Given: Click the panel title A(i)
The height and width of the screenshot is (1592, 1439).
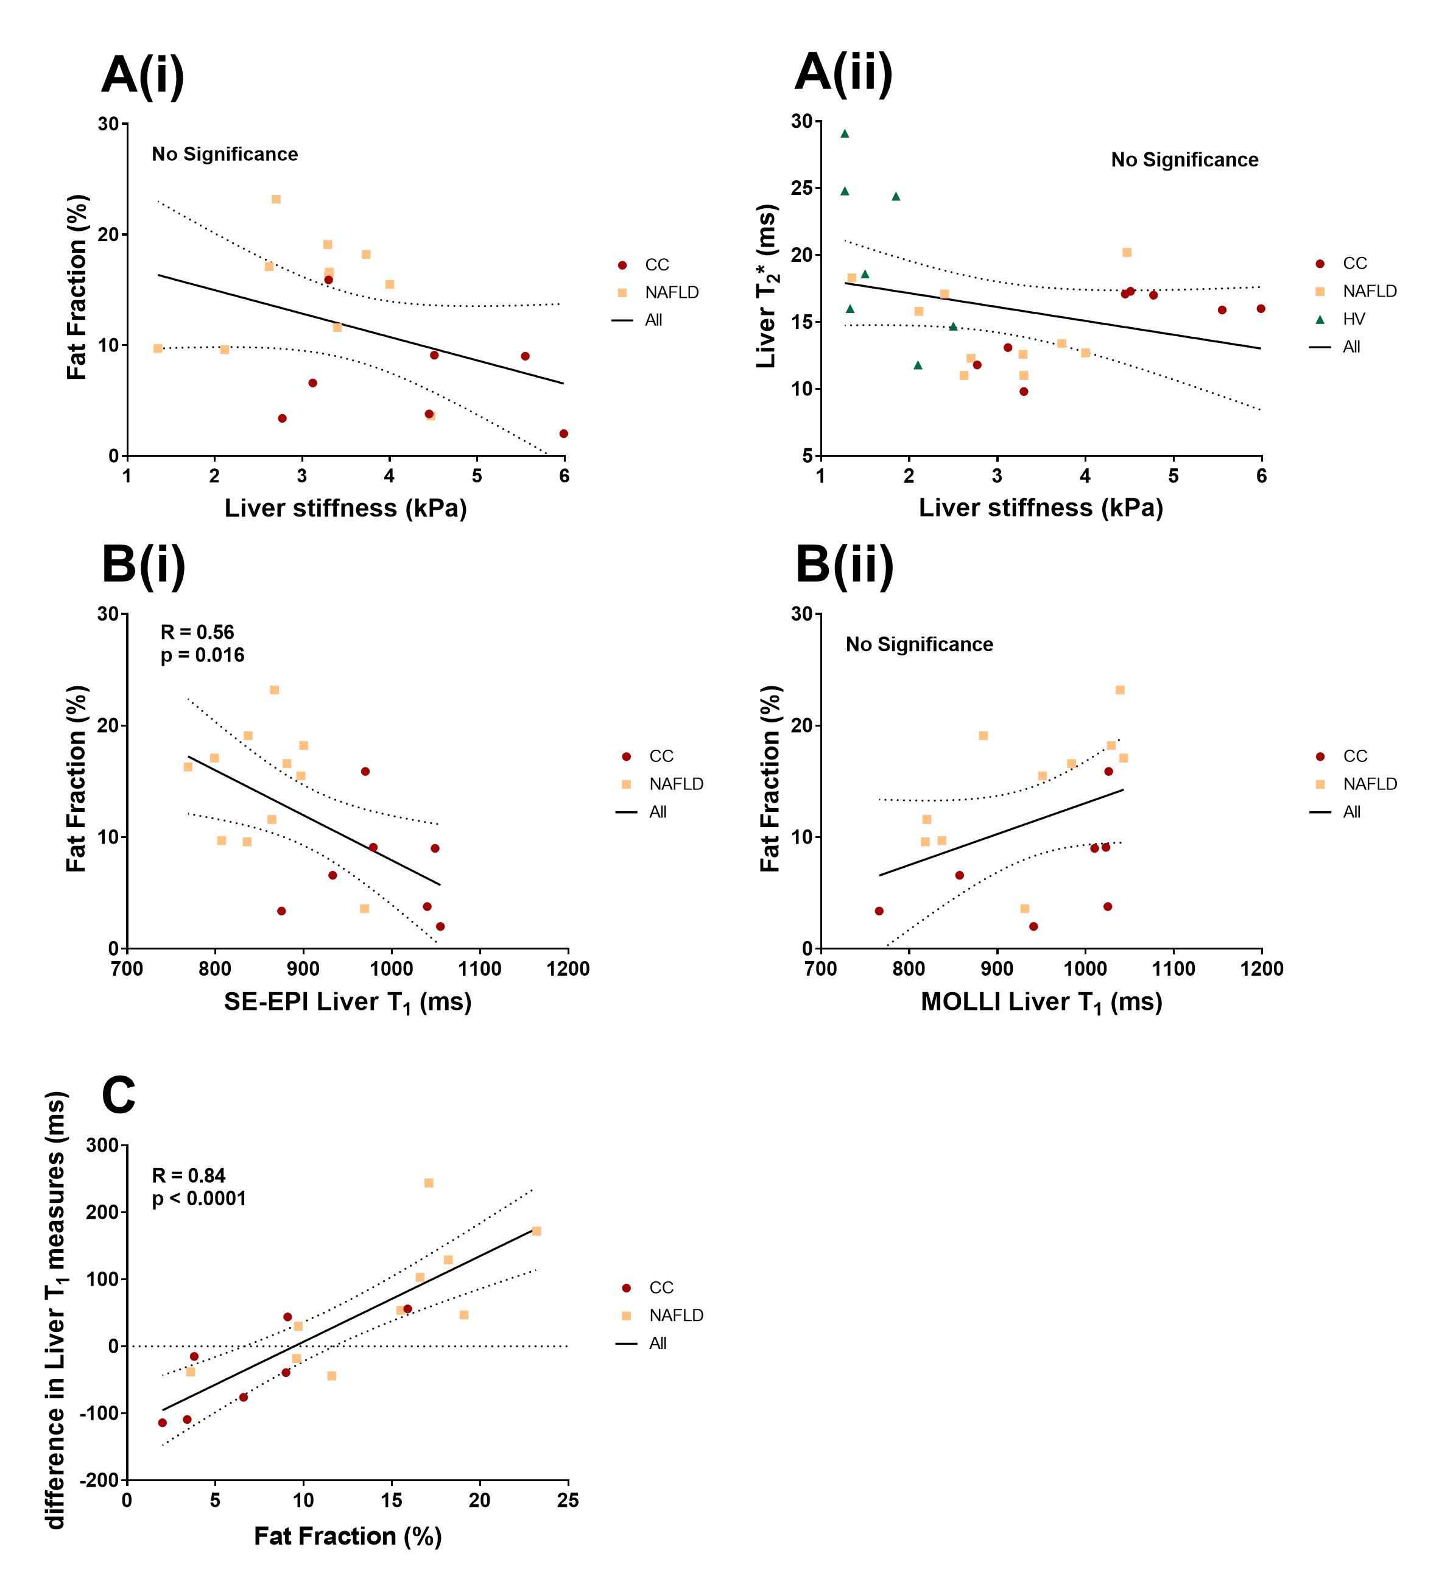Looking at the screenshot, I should click(x=143, y=75).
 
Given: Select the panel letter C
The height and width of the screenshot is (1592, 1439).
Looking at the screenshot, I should click(x=119, y=1096).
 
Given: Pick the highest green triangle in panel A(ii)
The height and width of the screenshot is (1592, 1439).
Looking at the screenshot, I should click(x=844, y=133).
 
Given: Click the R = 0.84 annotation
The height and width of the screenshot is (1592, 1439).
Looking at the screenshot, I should click(x=189, y=1176).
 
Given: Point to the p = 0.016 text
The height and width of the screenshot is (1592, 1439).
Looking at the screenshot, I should click(x=202, y=655).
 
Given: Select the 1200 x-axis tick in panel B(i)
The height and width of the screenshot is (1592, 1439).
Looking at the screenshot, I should click(x=568, y=969).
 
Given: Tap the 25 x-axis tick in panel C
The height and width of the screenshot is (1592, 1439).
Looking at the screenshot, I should click(x=568, y=1501).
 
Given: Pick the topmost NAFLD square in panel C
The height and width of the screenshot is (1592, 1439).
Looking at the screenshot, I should click(x=429, y=1183).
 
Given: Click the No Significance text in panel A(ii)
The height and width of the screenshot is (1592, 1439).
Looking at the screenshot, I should click(x=1184, y=160).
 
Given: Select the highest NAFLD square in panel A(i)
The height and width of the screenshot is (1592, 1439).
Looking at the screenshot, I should click(x=276, y=199).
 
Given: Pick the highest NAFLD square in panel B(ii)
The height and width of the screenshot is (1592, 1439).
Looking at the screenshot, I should click(x=1119, y=690).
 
